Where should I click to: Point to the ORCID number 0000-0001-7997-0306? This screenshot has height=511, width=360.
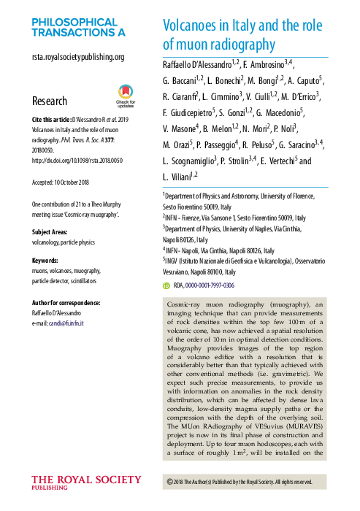tap(209, 286)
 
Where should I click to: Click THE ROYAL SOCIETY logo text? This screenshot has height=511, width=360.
tap(86, 480)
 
